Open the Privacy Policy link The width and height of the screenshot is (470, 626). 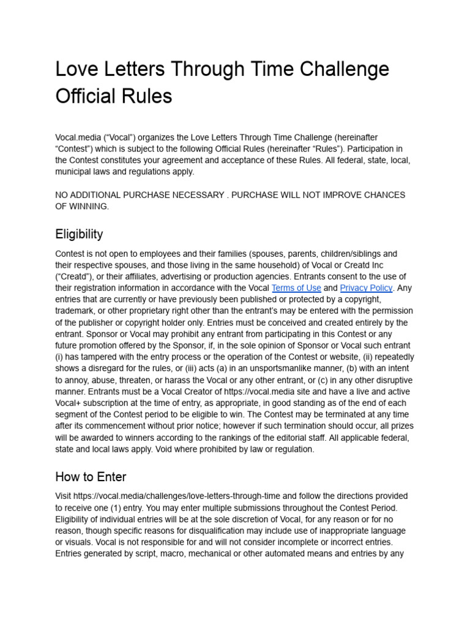coord(366,288)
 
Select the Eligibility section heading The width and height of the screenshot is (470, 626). coord(79,234)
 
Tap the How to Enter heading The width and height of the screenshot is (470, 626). coord(91,476)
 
